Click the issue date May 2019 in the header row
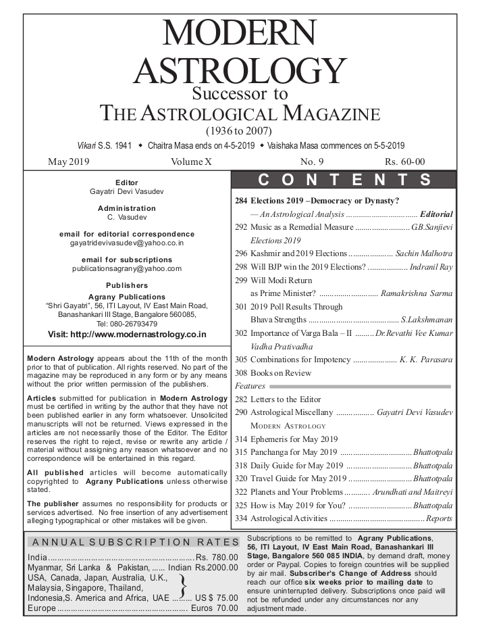69,162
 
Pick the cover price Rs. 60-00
404,162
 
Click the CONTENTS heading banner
344,180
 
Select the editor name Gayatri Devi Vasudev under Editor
126,191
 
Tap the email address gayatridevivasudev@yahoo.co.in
127,242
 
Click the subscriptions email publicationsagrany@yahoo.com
127,268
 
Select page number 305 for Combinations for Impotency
241,360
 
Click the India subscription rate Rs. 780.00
217,557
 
